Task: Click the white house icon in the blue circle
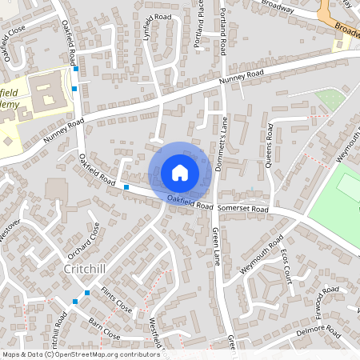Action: coord(179,173)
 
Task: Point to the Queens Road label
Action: coord(268,149)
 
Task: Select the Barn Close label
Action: coord(105,330)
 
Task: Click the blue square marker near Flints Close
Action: coord(76,302)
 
